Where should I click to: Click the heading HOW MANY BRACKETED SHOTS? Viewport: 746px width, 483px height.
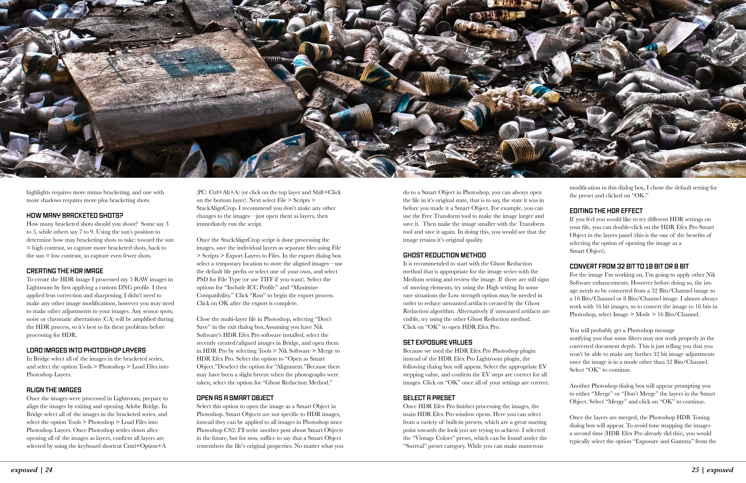75,216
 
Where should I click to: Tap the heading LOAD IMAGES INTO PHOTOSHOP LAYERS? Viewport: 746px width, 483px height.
86,350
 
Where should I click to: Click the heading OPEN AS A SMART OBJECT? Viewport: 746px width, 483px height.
235,398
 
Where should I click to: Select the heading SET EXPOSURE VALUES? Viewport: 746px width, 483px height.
437,342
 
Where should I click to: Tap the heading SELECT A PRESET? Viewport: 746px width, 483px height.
429,398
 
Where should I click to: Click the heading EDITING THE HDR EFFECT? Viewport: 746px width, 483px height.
606,211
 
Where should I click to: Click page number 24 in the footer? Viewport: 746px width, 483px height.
49,470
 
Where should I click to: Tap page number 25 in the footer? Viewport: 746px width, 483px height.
695,470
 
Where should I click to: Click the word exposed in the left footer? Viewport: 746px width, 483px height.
24,470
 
